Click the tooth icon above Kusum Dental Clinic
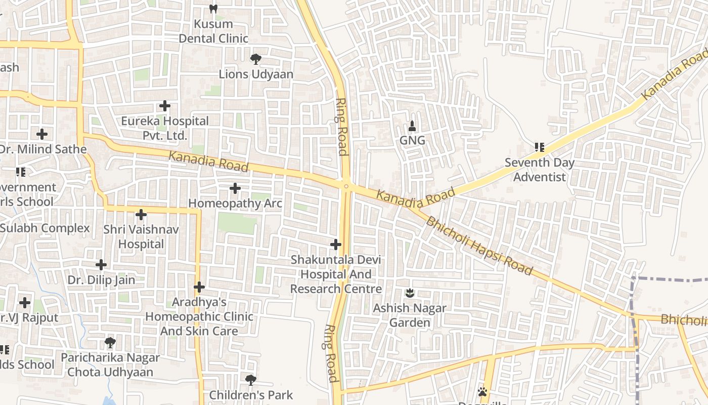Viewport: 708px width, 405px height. click(213, 9)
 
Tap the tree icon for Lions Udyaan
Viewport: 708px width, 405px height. click(256, 59)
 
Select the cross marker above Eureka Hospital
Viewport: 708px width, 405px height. click(165, 106)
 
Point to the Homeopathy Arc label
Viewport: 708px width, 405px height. click(235, 203)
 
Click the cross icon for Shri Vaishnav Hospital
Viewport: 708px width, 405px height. click(141, 215)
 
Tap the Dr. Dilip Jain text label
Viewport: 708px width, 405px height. click(102, 280)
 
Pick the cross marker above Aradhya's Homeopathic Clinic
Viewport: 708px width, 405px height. click(199, 287)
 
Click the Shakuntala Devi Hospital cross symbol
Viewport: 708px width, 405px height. click(335, 245)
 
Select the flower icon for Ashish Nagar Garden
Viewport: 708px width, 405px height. click(410, 293)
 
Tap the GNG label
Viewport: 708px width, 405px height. click(412, 140)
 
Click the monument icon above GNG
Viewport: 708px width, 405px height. click(412, 126)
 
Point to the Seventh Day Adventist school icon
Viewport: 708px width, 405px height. click(540, 147)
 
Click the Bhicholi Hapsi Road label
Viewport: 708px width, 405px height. click(479, 246)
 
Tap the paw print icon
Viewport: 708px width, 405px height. click(482, 392)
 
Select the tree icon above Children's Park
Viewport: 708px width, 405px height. click(250, 380)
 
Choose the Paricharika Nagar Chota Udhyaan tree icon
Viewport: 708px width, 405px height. click(110, 343)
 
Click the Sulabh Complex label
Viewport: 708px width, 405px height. click(45, 228)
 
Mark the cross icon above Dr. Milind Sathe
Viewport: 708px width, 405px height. click(42, 134)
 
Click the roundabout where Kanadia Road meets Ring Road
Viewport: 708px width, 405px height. click(346, 186)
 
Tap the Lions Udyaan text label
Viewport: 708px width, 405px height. click(256, 74)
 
